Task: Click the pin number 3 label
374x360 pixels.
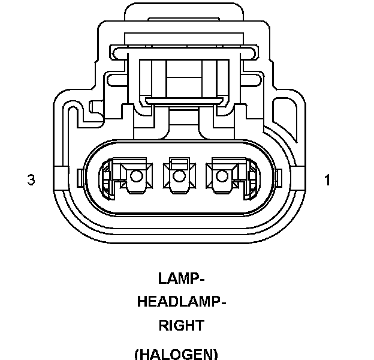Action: pyautogui.click(x=31, y=179)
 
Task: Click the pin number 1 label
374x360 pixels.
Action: pyautogui.click(x=327, y=179)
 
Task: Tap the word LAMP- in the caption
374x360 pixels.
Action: pyautogui.click(x=182, y=278)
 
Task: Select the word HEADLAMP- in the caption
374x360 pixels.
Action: pyautogui.click(x=182, y=302)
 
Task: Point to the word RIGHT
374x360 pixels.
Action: pyautogui.click(x=181, y=326)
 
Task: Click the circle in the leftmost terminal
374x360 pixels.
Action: pyautogui.click(x=136, y=176)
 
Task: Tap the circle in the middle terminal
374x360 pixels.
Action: pyautogui.click(x=178, y=176)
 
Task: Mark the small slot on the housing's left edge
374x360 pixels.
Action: pyautogui.click(x=80, y=178)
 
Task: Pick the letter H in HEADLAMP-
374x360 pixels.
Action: pyautogui.click(x=143, y=302)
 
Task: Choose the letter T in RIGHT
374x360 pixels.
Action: pyautogui.click(x=199, y=326)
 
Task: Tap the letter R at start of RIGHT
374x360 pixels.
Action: pyautogui.click(x=163, y=326)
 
